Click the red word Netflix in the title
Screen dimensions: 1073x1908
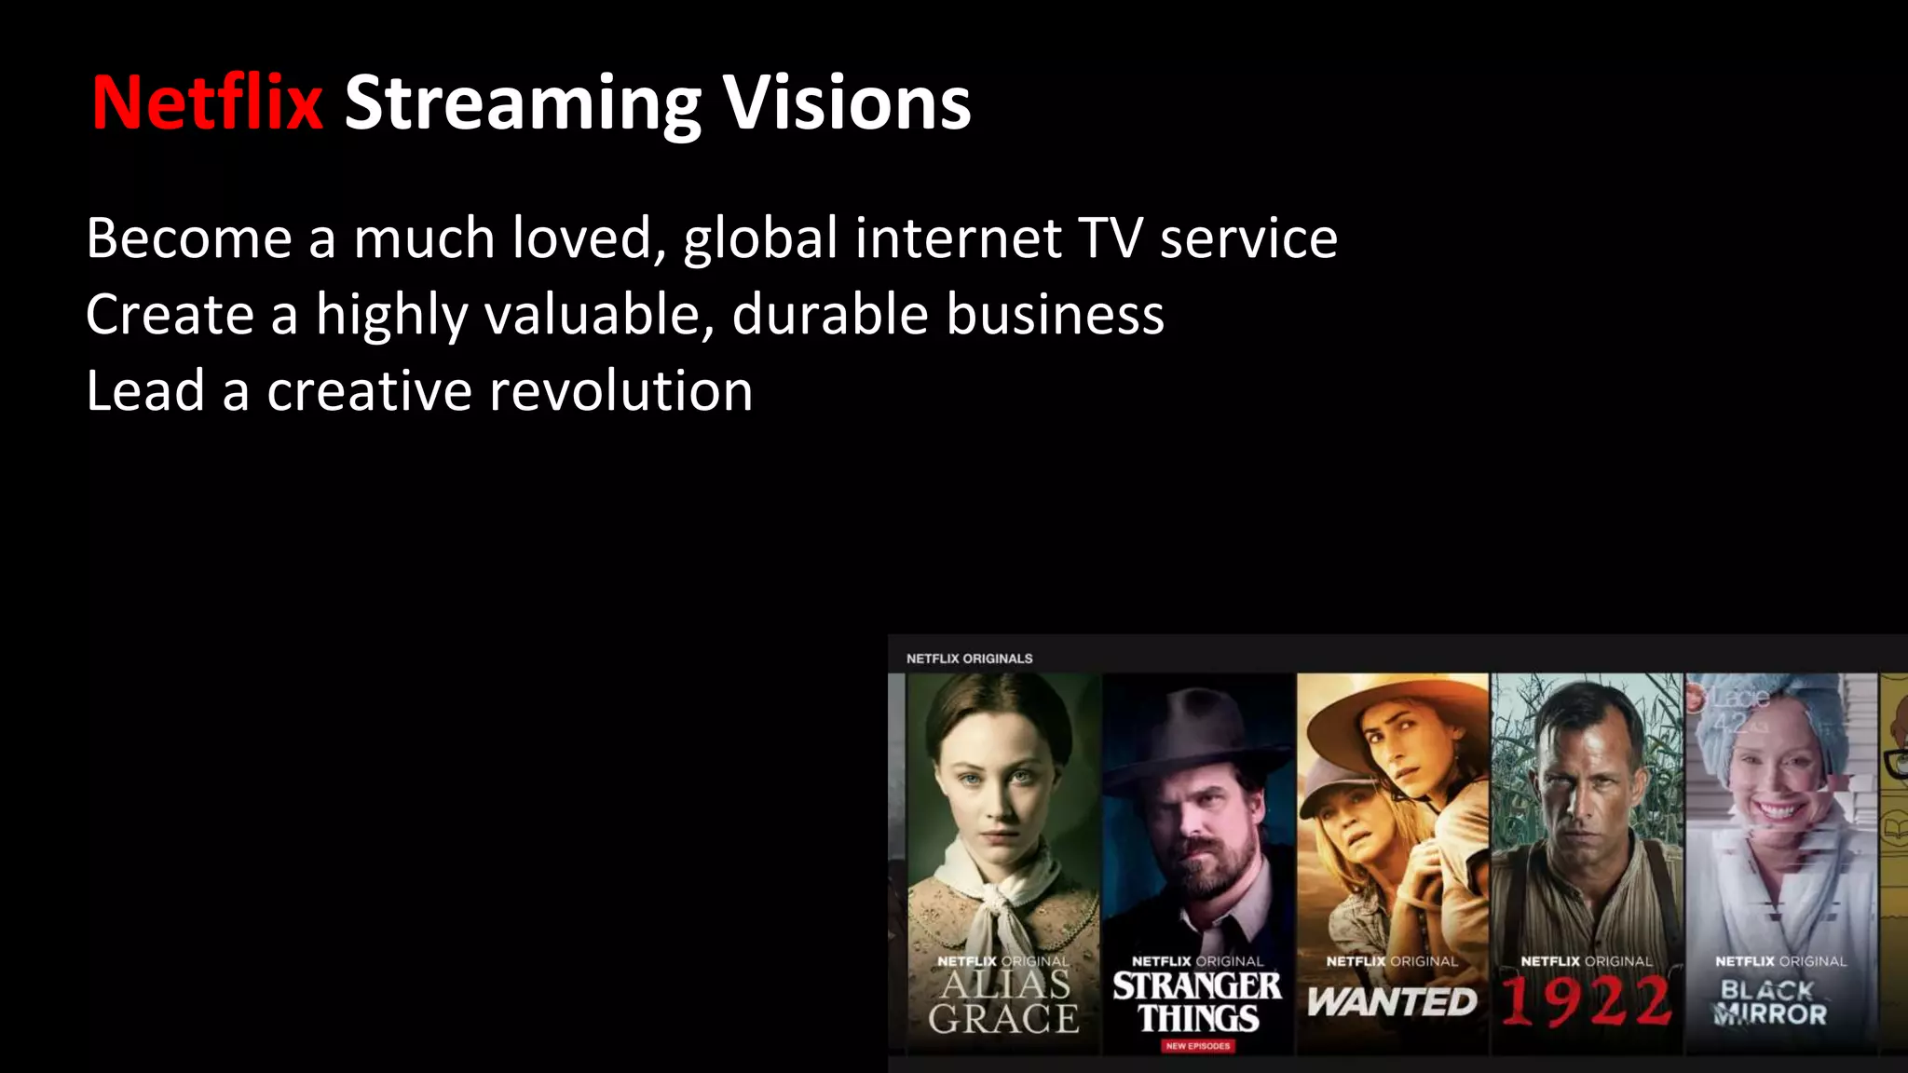click(207, 102)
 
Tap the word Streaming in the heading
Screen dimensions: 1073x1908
click(523, 104)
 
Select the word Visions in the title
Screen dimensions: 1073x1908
click(847, 102)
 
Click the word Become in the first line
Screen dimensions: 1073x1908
click(189, 238)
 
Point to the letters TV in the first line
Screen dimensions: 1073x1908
click(1111, 238)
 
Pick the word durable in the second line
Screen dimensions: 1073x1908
click(830, 314)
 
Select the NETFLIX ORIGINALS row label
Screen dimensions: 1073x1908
click(969, 659)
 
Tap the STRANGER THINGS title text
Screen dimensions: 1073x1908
click(1197, 1002)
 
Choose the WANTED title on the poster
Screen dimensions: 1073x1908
click(1392, 1002)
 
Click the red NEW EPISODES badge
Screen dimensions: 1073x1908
click(1198, 1046)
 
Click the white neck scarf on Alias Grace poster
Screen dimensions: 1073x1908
click(997, 899)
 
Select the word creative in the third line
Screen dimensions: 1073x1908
click(370, 390)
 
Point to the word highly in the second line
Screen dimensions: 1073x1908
click(391, 316)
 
